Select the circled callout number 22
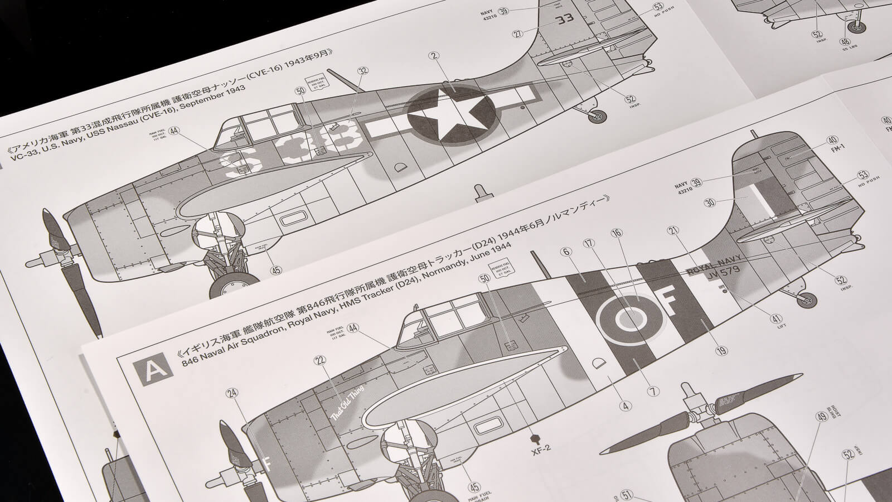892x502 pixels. [319, 361]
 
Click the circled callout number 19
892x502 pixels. [722, 351]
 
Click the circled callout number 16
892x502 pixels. [617, 233]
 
